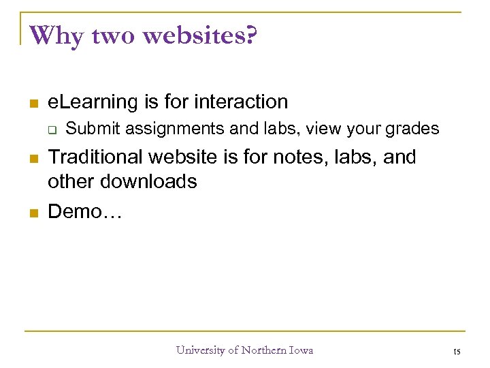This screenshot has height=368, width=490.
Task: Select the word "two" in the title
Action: click(x=113, y=36)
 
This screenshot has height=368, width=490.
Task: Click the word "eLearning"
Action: click(x=93, y=102)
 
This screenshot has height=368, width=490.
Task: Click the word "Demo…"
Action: click(x=84, y=211)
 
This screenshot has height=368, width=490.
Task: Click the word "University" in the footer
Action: click(x=200, y=350)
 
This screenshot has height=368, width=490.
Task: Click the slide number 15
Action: click(x=456, y=352)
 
